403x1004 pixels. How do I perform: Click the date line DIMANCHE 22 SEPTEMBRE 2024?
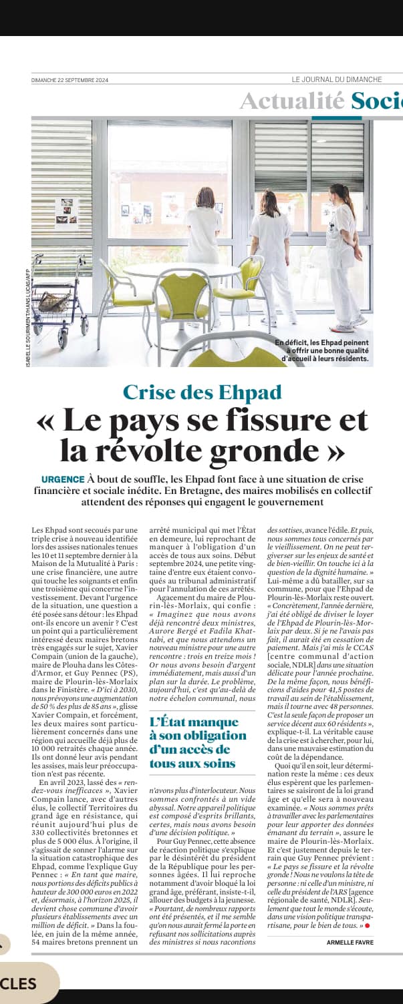click(69, 79)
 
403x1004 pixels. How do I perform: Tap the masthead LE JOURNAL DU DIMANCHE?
click(337, 79)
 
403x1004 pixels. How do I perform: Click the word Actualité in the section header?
click(293, 101)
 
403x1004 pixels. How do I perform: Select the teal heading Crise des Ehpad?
click(202, 391)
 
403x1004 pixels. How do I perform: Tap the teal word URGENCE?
click(63, 479)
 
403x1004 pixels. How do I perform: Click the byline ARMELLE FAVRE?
click(349, 942)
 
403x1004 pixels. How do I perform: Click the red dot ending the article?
click(367, 926)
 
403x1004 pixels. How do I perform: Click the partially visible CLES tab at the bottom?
click(20, 983)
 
